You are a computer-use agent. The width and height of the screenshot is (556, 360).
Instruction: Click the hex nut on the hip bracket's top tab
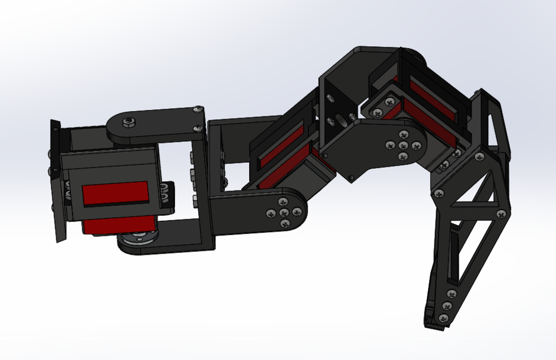pyautogui.click(x=127, y=122)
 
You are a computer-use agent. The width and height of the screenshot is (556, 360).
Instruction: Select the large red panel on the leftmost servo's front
pyautogui.click(x=115, y=193)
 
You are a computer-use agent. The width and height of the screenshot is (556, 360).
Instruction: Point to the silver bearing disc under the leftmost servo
pyautogui.click(x=137, y=238)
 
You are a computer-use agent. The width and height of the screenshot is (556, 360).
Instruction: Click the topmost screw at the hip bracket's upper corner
pyautogui.click(x=199, y=109)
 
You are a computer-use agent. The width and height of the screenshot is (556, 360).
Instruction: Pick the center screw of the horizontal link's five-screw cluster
pyautogui.click(x=284, y=212)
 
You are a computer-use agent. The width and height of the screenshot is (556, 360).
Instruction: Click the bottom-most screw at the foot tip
pyautogui.click(x=443, y=318)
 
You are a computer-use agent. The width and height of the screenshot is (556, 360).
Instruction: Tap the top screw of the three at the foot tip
pyautogui.click(x=451, y=294)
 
